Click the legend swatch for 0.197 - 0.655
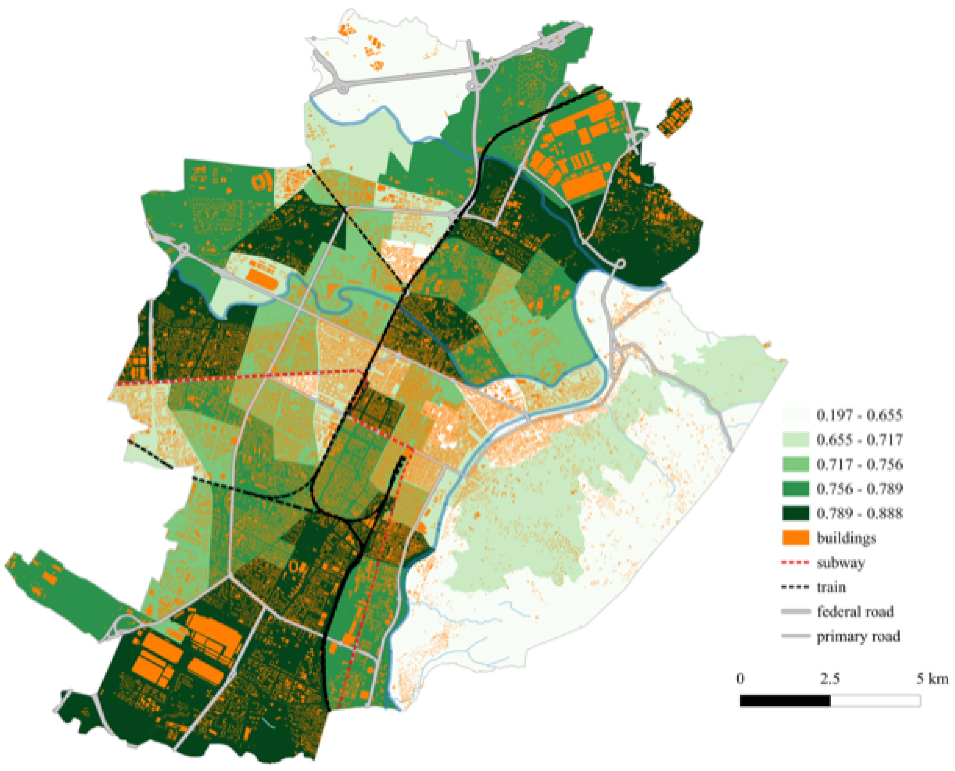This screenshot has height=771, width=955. [x=795, y=415]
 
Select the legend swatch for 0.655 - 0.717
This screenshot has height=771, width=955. [x=795, y=440]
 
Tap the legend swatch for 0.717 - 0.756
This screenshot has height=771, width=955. [x=795, y=464]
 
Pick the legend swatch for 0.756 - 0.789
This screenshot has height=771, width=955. [x=795, y=489]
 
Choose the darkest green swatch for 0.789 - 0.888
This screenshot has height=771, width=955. [x=795, y=513]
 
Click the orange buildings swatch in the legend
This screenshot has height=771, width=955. [x=795, y=538]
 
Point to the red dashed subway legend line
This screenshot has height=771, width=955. [x=795, y=563]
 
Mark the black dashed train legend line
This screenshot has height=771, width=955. [x=795, y=587]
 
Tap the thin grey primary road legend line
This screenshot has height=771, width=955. [x=795, y=636]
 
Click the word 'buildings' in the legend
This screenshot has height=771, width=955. [x=846, y=538]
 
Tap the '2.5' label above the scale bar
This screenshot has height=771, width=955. [x=829, y=678]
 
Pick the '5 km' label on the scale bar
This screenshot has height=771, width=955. [x=932, y=678]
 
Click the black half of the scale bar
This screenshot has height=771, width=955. [x=785, y=701]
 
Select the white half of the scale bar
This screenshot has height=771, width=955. [x=875, y=701]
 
